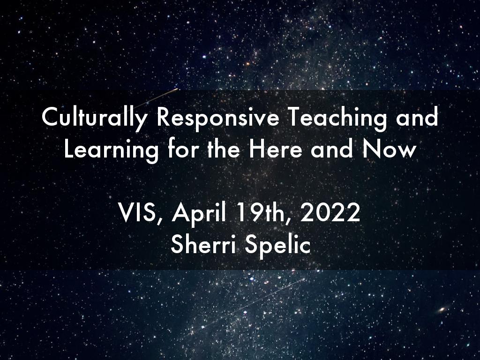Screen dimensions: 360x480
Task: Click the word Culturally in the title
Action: click(95, 118)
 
